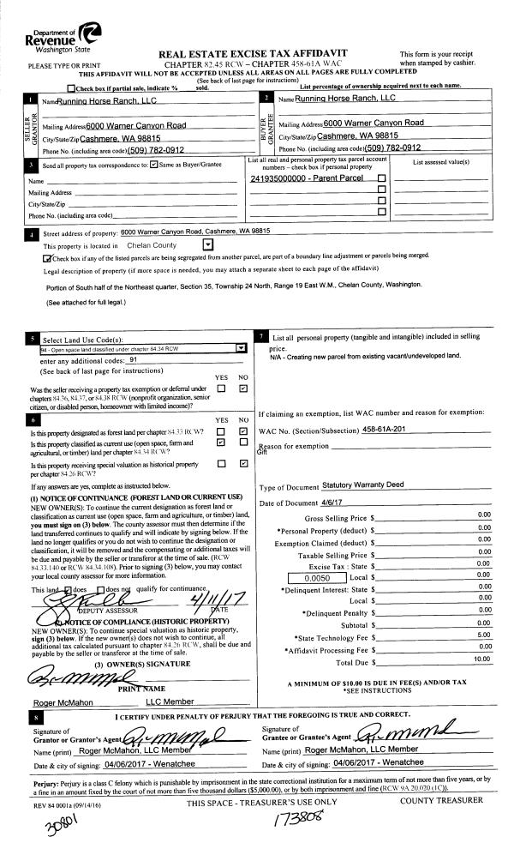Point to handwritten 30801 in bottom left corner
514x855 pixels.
tap(41, 828)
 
